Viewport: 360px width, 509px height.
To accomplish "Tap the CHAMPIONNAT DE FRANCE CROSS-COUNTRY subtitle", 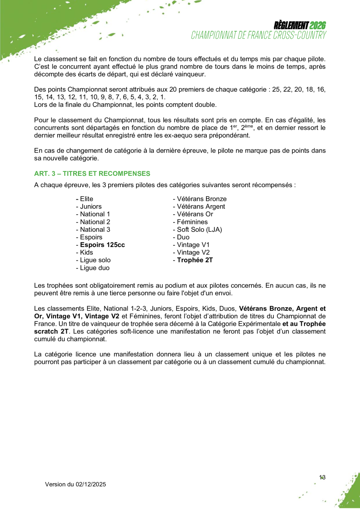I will click(259, 36).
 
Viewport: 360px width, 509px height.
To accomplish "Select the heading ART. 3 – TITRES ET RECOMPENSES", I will click(92, 173).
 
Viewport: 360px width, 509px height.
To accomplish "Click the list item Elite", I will click(87, 199).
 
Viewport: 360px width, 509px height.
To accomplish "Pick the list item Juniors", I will click(90, 206).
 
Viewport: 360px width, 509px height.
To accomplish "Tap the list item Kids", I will click(87, 253).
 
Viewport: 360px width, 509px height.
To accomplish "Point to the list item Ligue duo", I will click(94, 268).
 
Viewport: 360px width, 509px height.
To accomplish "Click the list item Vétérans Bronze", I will click(201, 199).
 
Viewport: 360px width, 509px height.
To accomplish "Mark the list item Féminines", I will click(192, 222).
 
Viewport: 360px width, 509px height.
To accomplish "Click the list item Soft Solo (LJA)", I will click(199, 229).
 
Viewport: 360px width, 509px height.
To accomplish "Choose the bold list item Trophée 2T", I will click(195, 260).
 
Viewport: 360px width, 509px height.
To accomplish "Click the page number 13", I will click(322, 477).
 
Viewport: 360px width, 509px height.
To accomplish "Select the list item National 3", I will click(95, 229).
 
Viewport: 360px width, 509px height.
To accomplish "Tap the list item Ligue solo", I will click(95, 260).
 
